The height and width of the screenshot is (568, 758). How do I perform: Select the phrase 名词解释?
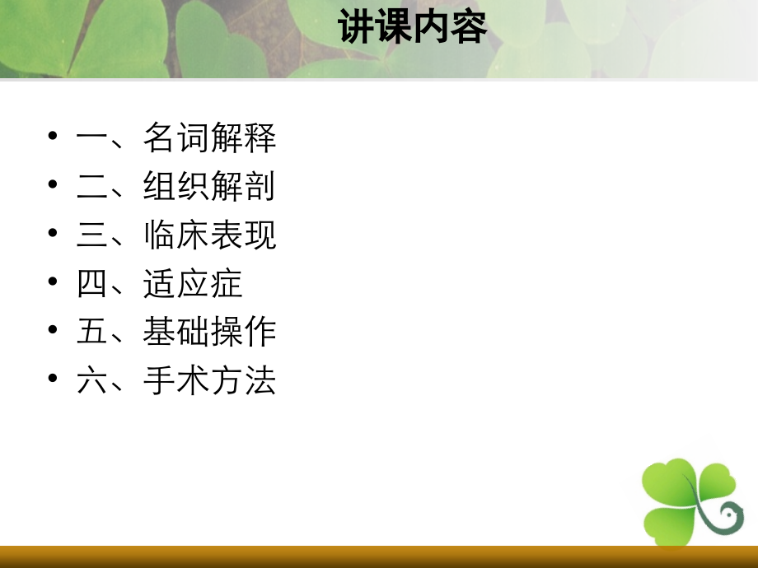(209, 138)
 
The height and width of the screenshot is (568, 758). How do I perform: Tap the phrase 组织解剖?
(209, 187)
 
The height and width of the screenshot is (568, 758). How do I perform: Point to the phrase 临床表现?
(209, 235)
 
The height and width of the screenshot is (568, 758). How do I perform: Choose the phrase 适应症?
(193, 284)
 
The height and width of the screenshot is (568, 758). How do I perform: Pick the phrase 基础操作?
(209, 333)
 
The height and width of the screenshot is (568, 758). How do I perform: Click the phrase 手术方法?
(209, 381)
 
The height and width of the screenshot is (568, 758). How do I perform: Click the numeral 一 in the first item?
(91, 138)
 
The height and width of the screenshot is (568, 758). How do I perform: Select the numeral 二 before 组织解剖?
(91, 187)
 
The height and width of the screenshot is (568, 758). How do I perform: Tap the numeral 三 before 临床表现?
(91, 235)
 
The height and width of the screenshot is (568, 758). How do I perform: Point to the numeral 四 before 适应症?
(91, 284)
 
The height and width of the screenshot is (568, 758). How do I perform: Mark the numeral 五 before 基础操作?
(91, 333)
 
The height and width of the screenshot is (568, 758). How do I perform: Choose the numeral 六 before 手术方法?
(91, 381)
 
